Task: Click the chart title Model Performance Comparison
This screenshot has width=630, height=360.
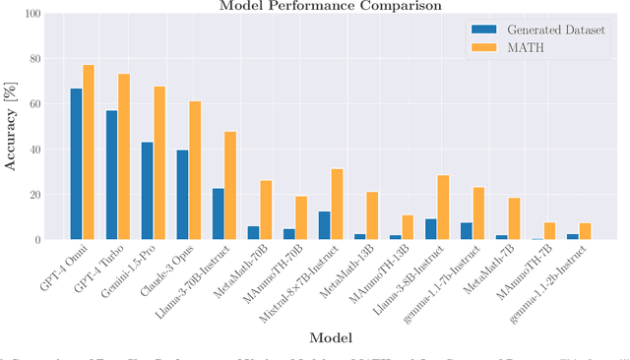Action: click(x=331, y=6)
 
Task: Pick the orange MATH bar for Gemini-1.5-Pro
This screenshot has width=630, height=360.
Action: click(x=159, y=162)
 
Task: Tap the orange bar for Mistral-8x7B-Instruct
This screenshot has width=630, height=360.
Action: click(x=337, y=204)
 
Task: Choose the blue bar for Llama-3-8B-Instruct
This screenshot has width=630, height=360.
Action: click(x=430, y=228)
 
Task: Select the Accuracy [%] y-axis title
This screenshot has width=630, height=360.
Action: click(x=11, y=127)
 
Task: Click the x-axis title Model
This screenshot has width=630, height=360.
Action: click(x=331, y=337)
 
